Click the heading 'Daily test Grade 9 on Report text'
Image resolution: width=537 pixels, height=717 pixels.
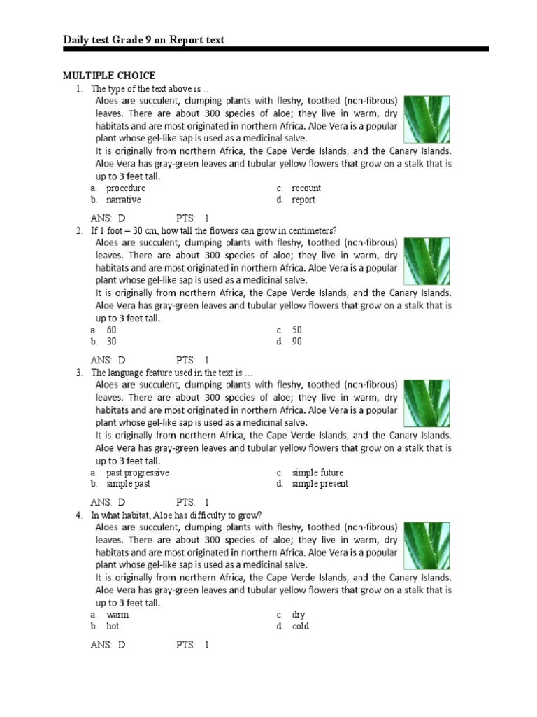click(x=143, y=40)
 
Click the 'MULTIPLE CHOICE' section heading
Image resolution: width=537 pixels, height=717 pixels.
click(x=109, y=76)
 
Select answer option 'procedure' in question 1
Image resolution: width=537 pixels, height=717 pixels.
click(x=125, y=188)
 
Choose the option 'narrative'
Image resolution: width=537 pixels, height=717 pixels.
click(x=123, y=200)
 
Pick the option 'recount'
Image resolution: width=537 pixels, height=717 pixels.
click(x=306, y=188)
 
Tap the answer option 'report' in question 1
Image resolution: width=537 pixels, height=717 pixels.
click(x=303, y=200)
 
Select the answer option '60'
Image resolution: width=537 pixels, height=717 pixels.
click(x=111, y=330)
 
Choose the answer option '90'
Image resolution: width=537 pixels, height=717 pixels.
click(x=297, y=342)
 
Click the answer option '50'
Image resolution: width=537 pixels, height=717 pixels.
click(x=297, y=330)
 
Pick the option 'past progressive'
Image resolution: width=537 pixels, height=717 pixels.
click(x=137, y=473)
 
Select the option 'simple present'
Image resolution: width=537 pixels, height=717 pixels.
click(x=320, y=484)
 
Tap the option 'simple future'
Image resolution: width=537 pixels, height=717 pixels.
click(x=317, y=473)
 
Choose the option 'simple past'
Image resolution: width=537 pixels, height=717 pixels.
click(x=128, y=484)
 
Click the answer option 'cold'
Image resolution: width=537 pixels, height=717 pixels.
click(x=300, y=627)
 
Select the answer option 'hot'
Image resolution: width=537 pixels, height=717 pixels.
click(x=113, y=627)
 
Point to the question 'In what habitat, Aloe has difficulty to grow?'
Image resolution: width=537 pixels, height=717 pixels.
click(x=176, y=515)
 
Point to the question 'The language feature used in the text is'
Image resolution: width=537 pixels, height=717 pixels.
click(x=171, y=373)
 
